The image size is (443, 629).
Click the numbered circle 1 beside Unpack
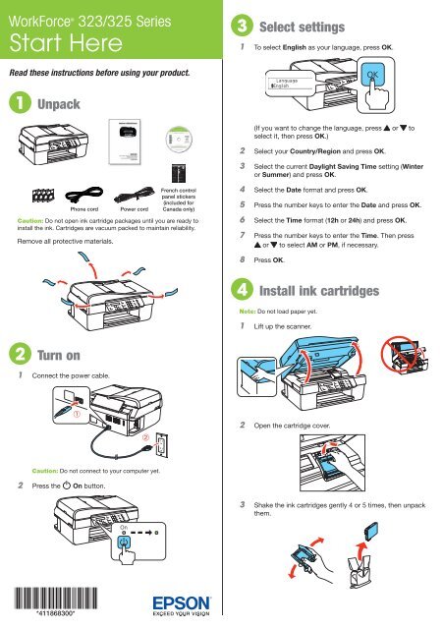17,103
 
